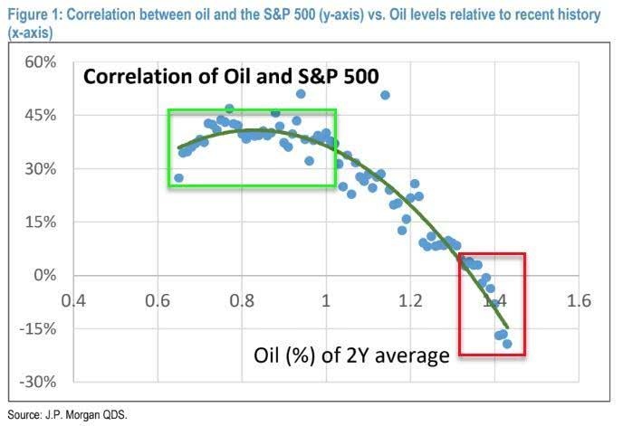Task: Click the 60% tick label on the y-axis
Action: [x=41, y=62]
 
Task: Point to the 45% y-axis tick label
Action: [x=41, y=116]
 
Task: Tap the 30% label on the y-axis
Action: [x=41, y=169]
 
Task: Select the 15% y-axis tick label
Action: [x=41, y=222]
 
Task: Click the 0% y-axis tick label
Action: [x=45, y=275]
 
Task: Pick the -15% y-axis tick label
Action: [x=38, y=328]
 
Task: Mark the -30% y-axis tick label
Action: [x=38, y=382]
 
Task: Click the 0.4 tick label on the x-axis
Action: [x=73, y=300]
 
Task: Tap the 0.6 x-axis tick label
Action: [x=158, y=300]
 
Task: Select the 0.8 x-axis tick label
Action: [x=242, y=300]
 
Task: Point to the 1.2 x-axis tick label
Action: [x=410, y=300]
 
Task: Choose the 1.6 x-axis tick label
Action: [x=579, y=300]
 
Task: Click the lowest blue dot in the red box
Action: [x=507, y=344]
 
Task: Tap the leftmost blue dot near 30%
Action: [x=178, y=178]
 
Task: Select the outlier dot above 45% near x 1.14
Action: [x=385, y=95]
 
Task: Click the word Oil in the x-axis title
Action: [x=265, y=355]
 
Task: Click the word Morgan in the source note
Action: [x=83, y=415]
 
